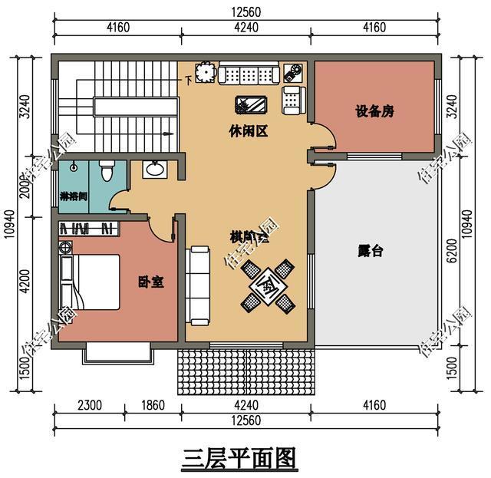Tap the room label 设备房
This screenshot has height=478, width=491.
click(374, 112)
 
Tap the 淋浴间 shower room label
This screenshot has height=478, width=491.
click(73, 196)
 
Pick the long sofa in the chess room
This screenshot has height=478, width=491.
click(199, 283)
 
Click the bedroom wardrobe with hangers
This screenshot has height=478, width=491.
click(87, 229)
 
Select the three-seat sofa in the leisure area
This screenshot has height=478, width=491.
click(247, 74)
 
